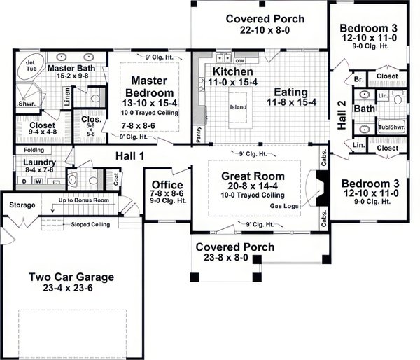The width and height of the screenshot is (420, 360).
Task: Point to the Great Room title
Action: point(253,176)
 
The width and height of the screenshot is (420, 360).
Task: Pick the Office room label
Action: point(167,185)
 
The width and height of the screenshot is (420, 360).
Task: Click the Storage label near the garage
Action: point(22,205)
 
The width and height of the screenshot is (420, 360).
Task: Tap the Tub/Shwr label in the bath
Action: point(391,127)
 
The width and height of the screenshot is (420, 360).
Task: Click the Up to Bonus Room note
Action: point(84,200)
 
